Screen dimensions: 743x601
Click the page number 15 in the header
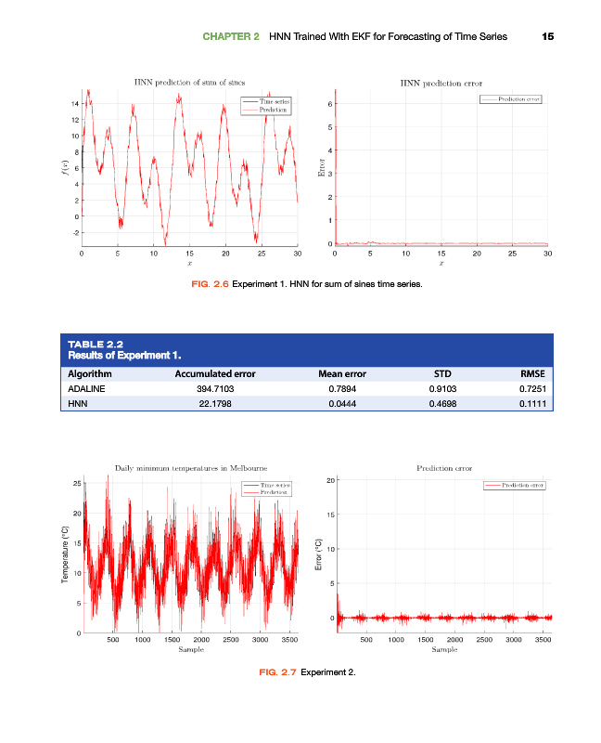[547, 37]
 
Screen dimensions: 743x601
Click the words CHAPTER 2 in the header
[231, 37]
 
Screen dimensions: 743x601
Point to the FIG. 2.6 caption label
[209, 284]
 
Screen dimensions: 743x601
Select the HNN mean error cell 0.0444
[350, 404]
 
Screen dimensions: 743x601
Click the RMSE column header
[533, 373]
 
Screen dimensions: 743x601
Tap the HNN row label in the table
[79, 404]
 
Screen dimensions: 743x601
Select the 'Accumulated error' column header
[214, 373]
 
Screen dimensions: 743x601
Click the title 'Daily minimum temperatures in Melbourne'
[190, 468]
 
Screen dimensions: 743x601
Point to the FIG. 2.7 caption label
[275, 671]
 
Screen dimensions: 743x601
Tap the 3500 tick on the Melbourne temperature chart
[288, 640]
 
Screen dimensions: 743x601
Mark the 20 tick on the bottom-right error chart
[329, 480]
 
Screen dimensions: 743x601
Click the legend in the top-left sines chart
[265, 105]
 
